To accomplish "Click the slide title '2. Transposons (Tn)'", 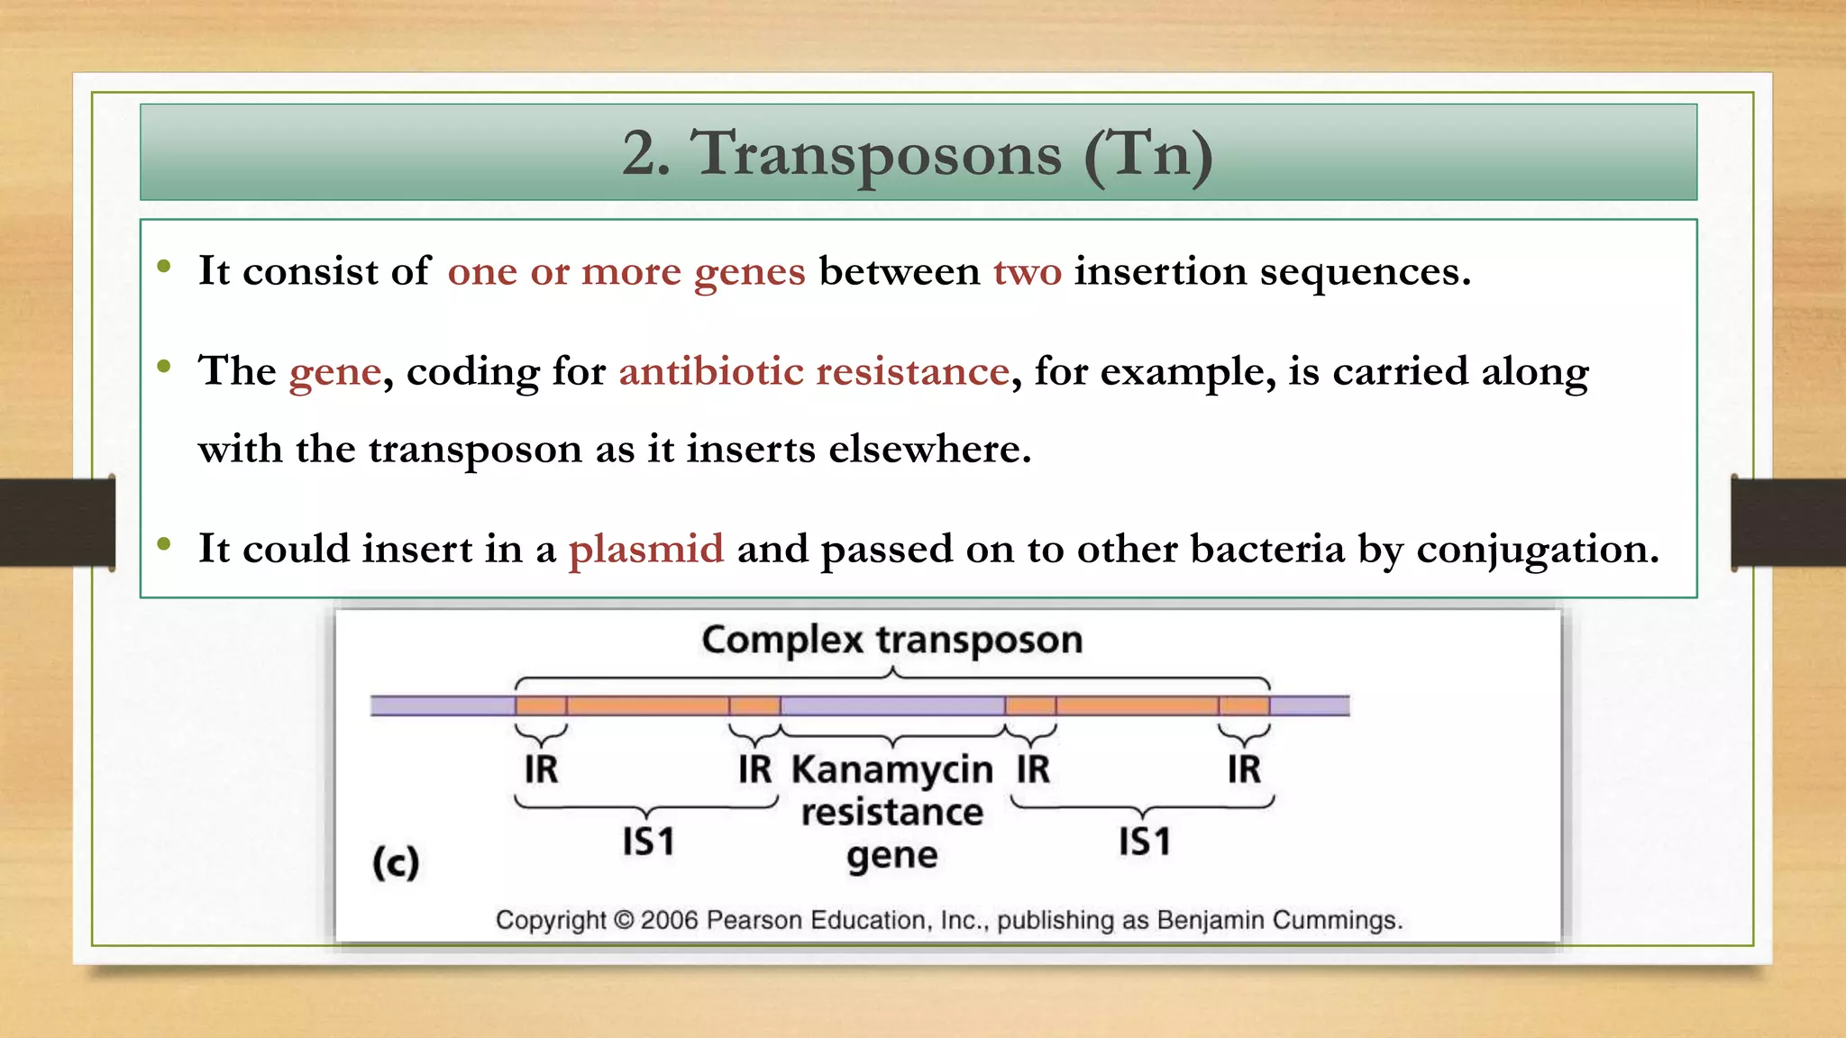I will pos(918,153).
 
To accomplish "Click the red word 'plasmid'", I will pos(645,549).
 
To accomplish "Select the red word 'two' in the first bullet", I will pos(1028,271).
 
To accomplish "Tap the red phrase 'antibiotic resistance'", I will pos(813,371).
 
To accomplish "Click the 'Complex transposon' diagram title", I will pos(892,640).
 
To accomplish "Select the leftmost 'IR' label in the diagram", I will pos(541,769).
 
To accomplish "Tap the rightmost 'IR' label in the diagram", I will pos(1244,769).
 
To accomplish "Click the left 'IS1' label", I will pos(648,842).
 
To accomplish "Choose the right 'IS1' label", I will pos(1145,842).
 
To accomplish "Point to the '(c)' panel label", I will pos(396,862).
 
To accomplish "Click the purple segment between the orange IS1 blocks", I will pos(892,705).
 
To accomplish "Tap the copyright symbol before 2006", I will pos(624,920).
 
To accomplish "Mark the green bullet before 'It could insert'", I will pos(164,543).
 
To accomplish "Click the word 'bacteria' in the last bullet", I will pos(1267,549).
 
